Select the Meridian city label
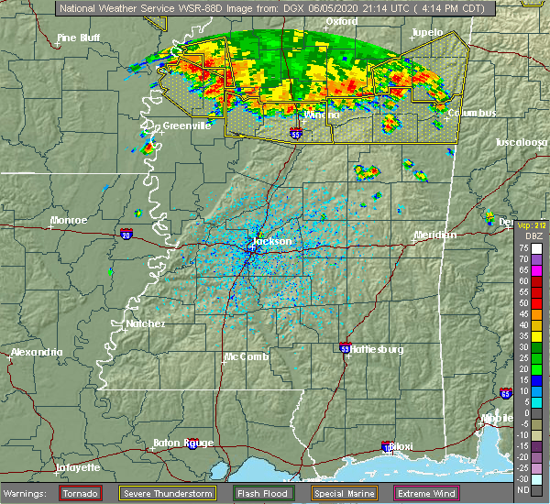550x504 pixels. point(434,236)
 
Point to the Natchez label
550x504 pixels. point(146,323)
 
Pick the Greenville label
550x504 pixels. point(187,126)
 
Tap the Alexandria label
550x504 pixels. point(36,353)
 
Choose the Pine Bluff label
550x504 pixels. point(78,38)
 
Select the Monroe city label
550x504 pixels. point(70,221)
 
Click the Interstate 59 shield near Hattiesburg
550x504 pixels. point(344,349)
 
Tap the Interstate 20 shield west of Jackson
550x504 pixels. point(125,236)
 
